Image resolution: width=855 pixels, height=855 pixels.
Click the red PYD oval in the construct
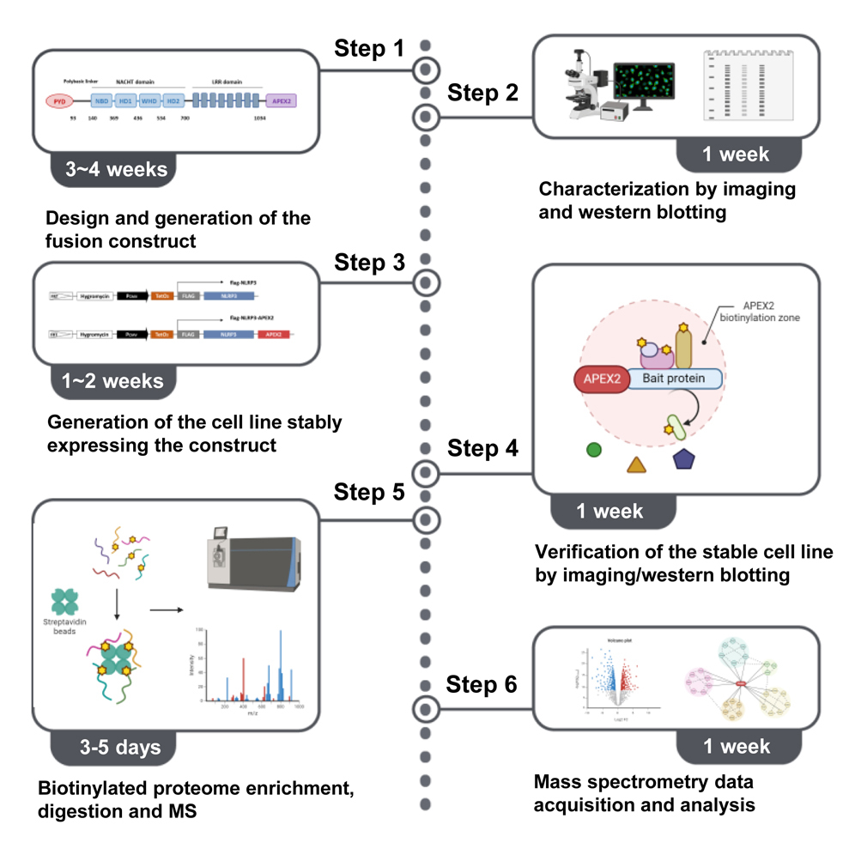point(59,100)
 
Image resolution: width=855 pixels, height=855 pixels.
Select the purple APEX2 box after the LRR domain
point(281,100)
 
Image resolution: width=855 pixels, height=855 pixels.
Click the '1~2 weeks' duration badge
point(115,380)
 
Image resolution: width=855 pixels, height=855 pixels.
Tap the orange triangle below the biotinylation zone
point(636,464)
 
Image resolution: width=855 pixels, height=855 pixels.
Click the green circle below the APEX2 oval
point(593,448)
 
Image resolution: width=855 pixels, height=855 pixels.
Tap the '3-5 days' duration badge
point(115,747)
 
